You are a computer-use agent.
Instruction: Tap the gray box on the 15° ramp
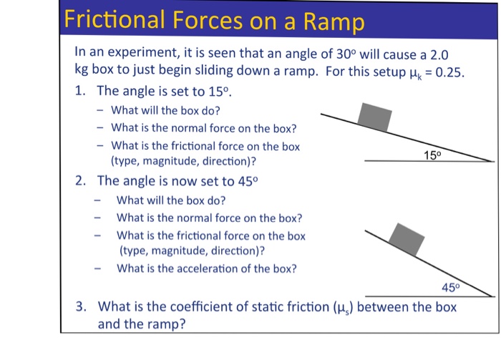[x=375, y=117]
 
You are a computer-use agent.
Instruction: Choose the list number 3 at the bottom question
[x=82, y=307]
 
